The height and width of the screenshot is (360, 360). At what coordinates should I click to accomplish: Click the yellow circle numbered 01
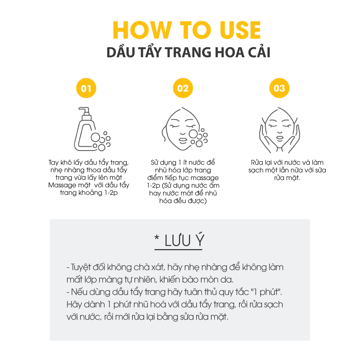[86, 88]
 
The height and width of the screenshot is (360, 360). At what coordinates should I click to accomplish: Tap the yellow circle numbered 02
[183, 88]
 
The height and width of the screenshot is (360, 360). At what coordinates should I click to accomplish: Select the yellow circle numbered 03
[279, 88]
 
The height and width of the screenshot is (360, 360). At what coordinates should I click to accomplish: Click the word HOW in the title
[142, 30]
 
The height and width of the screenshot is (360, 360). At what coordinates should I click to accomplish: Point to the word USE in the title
[240, 30]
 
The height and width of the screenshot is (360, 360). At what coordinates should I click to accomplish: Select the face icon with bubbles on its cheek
[184, 129]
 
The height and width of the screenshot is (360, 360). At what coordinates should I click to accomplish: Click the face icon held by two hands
[279, 130]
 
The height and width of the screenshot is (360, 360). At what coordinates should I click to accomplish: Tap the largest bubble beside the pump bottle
[95, 138]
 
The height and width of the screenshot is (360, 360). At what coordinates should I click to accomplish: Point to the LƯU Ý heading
[179, 240]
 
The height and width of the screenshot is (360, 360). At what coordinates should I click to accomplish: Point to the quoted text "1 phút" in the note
[266, 292]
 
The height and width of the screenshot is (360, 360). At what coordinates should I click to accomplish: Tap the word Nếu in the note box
[79, 292]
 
